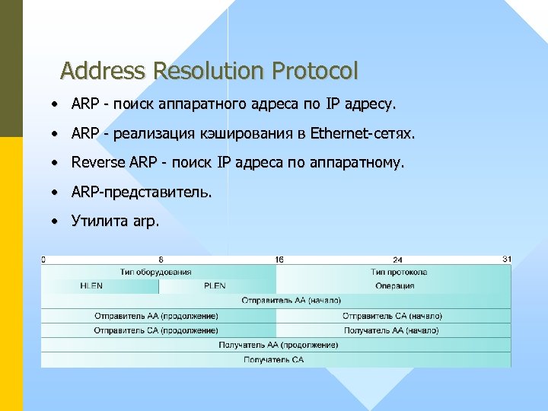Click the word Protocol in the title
[314, 72]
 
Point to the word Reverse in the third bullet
[97, 162]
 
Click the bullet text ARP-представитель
[142, 192]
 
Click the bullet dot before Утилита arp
[56, 221]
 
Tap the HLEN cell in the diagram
[91, 286]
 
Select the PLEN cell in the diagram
[215, 286]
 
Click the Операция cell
[394, 286]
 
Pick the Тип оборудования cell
[155, 272]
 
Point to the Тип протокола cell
[399, 272]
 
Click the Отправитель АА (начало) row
[291, 301]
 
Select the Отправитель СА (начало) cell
[392, 316]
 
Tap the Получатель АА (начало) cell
[391, 330]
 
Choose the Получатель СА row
[274, 359]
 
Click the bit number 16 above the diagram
[279, 260]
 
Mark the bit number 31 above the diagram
[507, 260]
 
